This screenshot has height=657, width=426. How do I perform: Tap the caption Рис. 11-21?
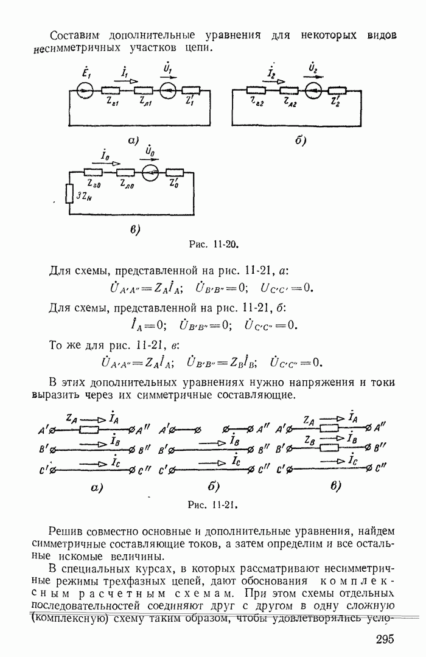(212, 505)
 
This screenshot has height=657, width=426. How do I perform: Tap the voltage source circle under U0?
(148, 172)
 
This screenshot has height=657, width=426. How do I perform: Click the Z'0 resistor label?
(175, 184)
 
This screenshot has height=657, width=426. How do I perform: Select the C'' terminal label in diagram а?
(145, 470)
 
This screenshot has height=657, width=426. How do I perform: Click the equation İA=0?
(138, 325)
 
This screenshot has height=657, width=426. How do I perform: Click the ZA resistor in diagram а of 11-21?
(89, 429)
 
